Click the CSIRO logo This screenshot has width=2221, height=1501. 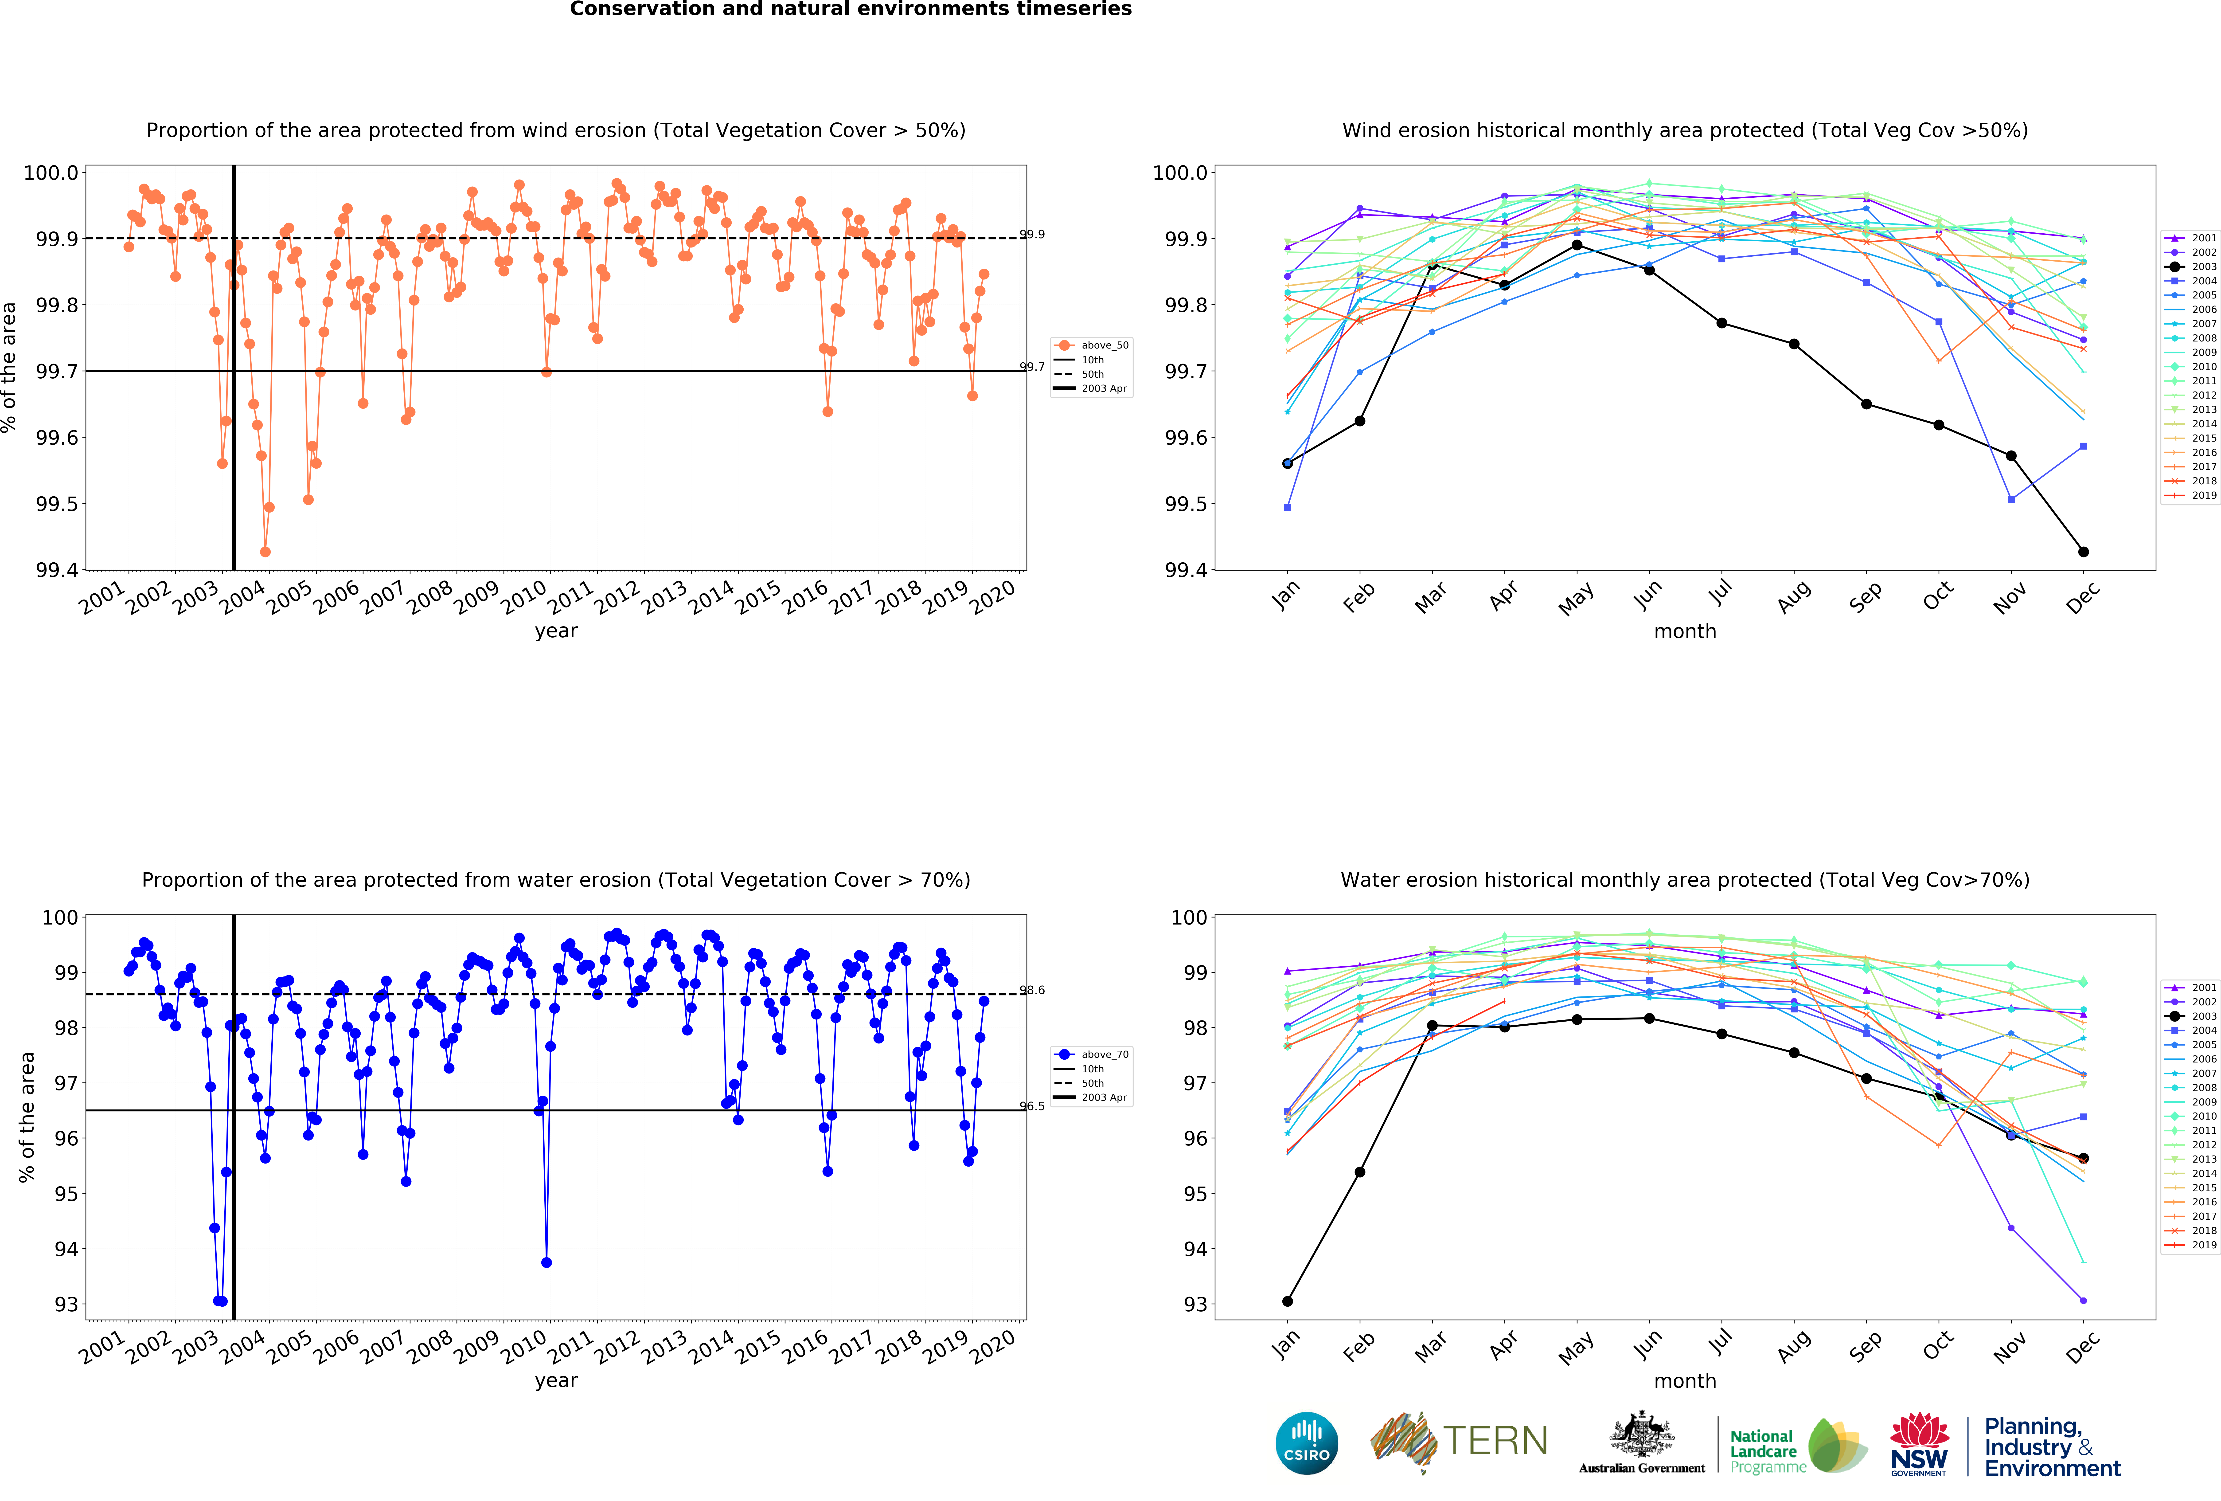pyautogui.click(x=1306, y=1443)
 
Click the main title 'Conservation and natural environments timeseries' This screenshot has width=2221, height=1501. pyautogui.click(x=851, y=10)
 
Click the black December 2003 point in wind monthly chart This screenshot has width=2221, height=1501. pyautogui.click(x=2083, y=552)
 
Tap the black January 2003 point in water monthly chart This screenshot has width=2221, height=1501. pyautogui.click(x=1287, y=1301)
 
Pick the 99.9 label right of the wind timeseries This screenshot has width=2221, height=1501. pyautogui.click(x=1032, y=234)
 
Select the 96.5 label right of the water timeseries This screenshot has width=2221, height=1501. pyautogui.click(x=1032, y=1106)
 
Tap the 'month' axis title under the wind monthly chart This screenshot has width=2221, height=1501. pyautogui.click(x=1685, y=631)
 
